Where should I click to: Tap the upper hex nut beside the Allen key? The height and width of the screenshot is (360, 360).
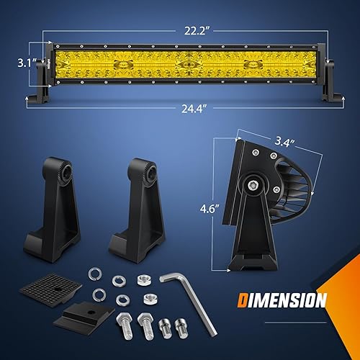pyautogui.click(x=143, y=277)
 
